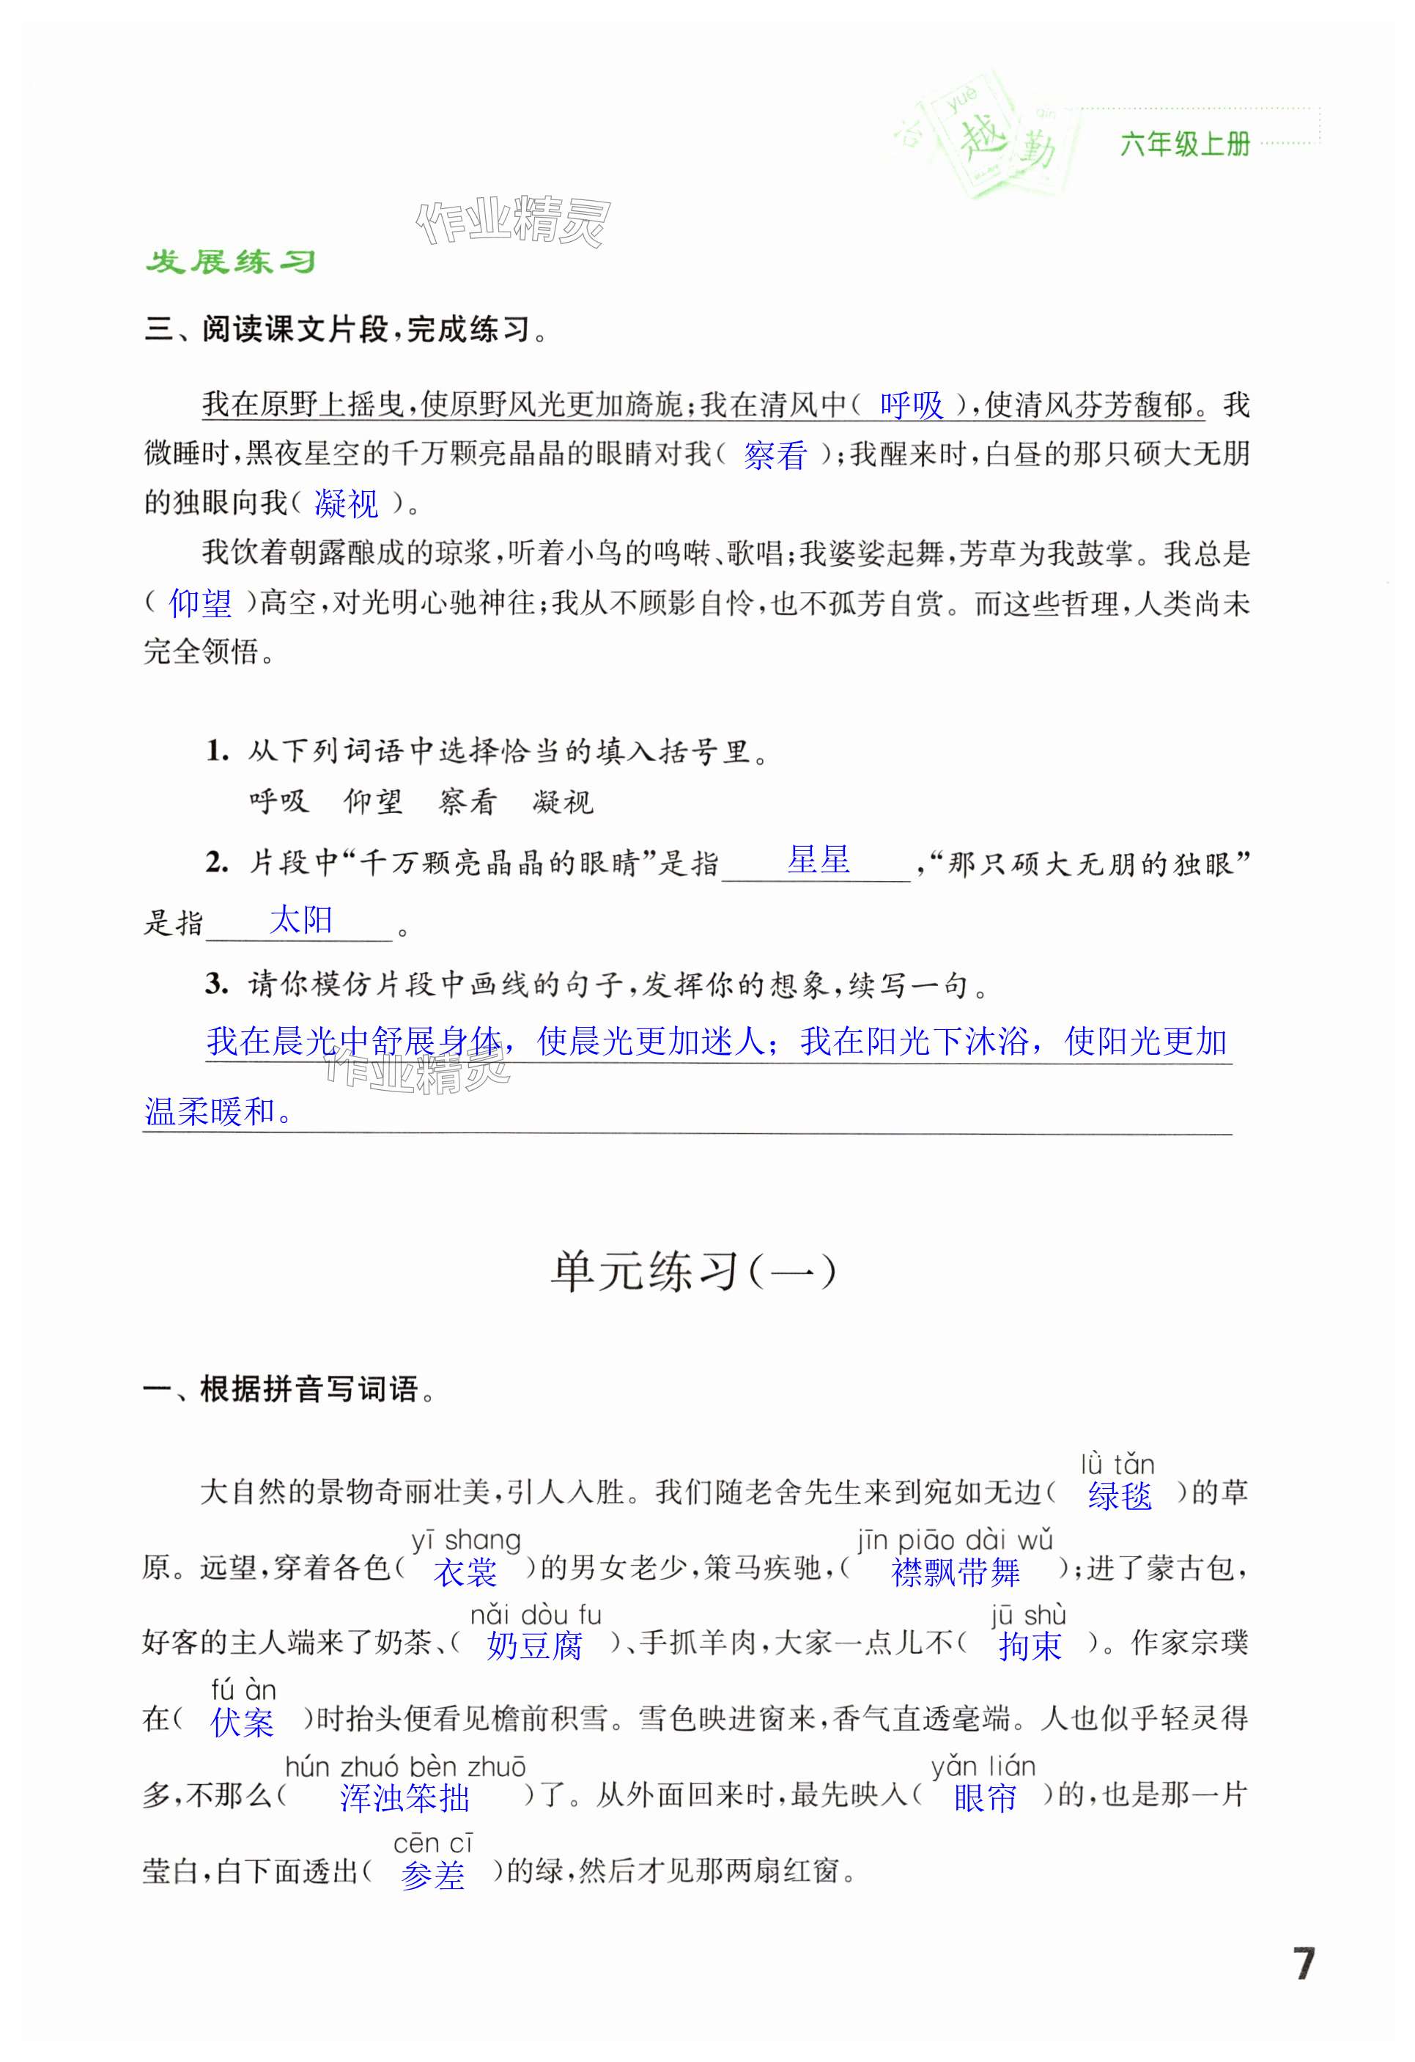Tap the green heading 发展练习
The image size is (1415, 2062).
(x=231, y=262)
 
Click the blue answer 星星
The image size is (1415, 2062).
(x=818, y=859)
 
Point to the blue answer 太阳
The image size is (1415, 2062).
(x=300, y=919)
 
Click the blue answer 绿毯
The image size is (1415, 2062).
(x=1120, y=1496)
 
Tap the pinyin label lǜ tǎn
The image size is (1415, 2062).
(x=1117, y=1463)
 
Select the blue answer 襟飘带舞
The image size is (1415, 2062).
(x=956, y=1572)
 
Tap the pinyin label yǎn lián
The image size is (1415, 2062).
(x=983, y=1766)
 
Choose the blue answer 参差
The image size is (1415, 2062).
(x=433, y=1875)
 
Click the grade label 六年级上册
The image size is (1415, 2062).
(x=1185, y=144)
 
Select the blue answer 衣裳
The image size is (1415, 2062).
(x=465, y=1572)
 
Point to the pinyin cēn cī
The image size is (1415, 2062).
(x=433, y=1842)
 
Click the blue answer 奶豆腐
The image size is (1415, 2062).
(x=535, y=1647)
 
